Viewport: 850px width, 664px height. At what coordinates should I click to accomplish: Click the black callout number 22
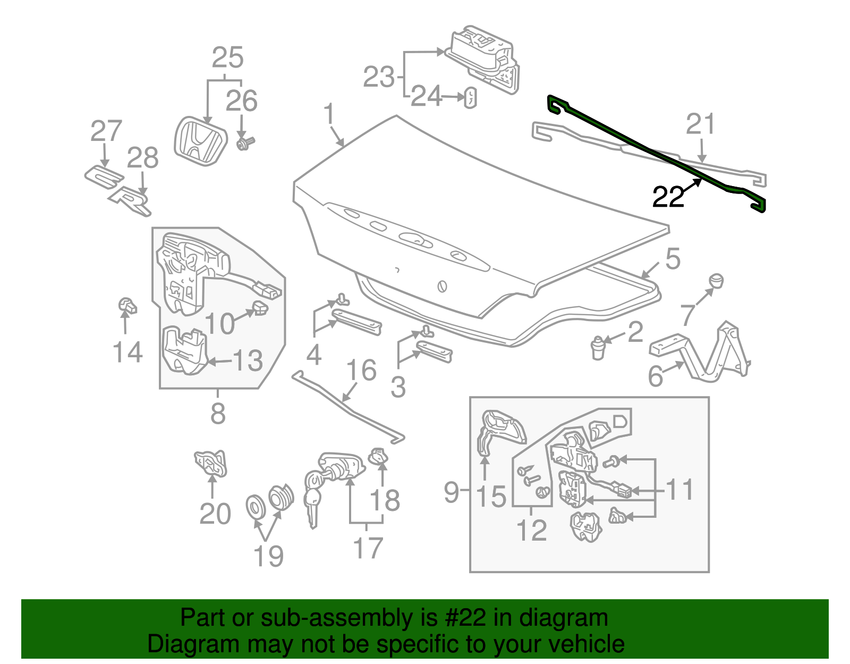coord(668,197)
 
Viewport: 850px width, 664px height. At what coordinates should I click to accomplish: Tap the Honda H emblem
coord(200,141)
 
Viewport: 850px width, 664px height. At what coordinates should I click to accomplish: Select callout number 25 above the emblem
coord(227,57)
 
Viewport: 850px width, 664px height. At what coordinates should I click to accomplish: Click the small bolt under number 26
coord(245,143)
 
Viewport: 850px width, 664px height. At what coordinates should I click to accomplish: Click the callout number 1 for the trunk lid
coord(329,114)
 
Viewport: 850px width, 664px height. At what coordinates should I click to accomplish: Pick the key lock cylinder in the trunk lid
coord(442,285)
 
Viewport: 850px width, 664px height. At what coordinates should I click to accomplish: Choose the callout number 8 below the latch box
coord(218,413)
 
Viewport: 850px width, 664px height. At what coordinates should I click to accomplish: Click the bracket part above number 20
coord(211,463)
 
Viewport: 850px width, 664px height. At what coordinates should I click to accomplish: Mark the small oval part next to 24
coord(471,98)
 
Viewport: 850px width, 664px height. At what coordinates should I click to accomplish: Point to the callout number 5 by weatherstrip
coord(673,259)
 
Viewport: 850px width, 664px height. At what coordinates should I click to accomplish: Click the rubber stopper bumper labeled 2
coord(598,348)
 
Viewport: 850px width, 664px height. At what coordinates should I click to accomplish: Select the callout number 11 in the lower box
coord(679,490)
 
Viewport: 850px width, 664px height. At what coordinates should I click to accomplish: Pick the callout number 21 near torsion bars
coord(701,124)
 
